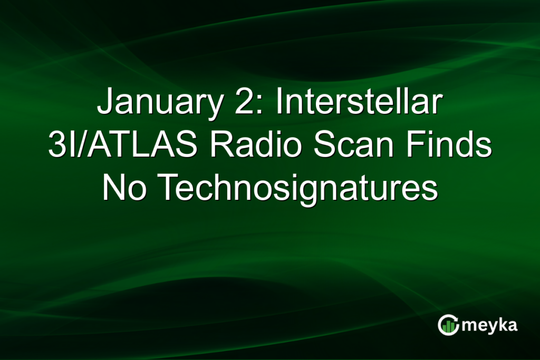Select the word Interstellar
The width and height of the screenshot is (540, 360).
tap(358, 103)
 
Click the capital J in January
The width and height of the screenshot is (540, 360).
tap(104, 103)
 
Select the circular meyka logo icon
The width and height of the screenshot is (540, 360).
tap(448, 325)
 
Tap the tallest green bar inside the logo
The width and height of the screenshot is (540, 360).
tap(452, 325)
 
